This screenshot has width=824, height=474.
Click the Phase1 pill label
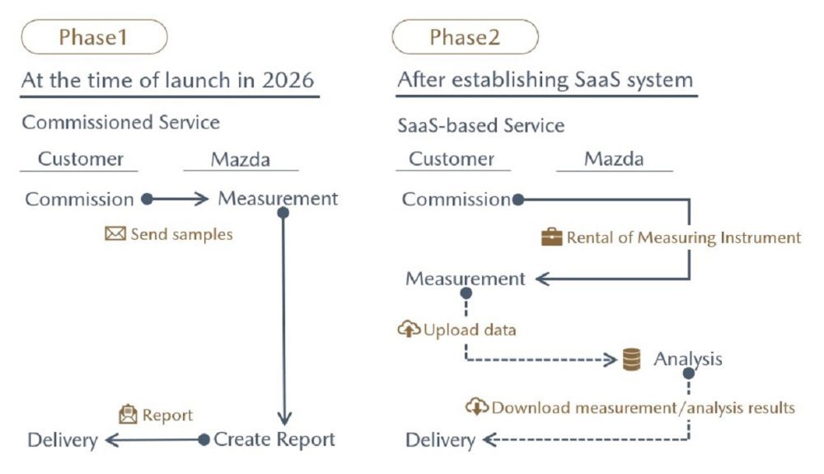click(x=94, y=37)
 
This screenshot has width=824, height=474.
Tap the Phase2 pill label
click(x=465, y=37)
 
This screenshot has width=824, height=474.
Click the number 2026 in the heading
click(x=288, y=81)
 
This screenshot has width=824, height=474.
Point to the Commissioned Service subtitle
click(x=121, y=122)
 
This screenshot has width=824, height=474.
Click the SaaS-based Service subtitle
click(x=481, y=125)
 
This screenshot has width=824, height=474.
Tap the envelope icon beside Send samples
click(x=115, y=233)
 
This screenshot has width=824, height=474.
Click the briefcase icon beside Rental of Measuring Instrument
click(x=552, y=237)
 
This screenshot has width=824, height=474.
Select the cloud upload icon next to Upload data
click(x=409, y=329)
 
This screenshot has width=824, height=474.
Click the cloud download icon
click(x=476, y=406)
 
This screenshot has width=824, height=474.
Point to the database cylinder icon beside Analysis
click(x=631, y=359)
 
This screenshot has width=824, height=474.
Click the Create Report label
click(x=274, y=439)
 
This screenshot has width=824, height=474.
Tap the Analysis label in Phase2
click(x=688, y=359)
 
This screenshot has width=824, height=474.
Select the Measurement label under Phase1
click(x=278, y=198)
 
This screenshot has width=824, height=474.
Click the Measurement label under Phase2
click(x=465, y=278)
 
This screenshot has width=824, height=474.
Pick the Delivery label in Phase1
click(x=63, y=440)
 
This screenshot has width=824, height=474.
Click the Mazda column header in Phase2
click(x=614, y=159)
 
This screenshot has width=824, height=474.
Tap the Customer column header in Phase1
click(x=81, y=159)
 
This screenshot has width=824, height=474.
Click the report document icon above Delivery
click(x=128, y=414)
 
